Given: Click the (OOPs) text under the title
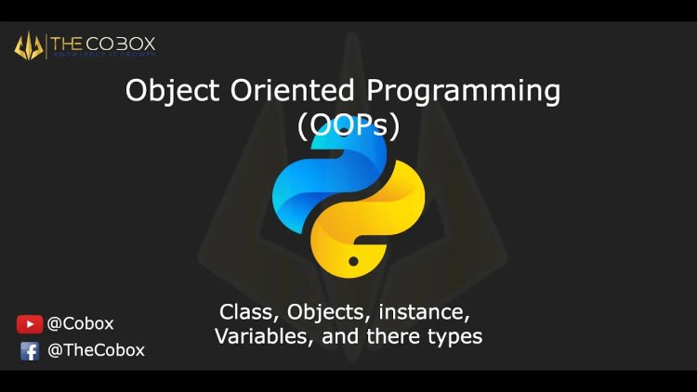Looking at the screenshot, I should (348, 125).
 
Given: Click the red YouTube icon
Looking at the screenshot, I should (29, 324).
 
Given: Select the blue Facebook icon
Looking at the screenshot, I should (30, 351).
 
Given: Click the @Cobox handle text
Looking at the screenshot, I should (80, 324).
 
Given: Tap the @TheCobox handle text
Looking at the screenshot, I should (96, 351).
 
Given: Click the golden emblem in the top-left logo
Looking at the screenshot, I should (29, 45).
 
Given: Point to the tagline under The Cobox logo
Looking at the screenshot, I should (104, 56).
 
